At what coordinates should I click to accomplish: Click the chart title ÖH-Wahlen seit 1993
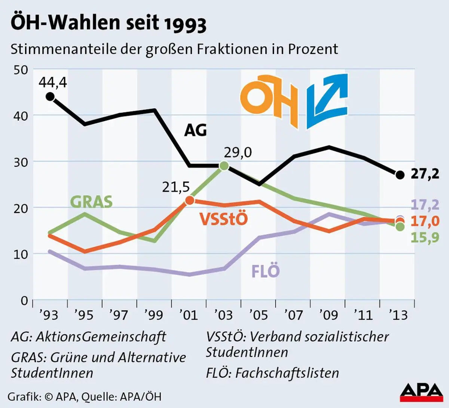coord(109,23)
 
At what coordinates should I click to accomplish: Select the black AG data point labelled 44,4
coord(50,97)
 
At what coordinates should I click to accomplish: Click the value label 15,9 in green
coord(425,238)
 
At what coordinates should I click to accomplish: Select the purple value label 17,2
coord(425,205)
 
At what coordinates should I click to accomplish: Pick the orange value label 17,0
coord(425,221)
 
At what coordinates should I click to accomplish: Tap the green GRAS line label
coord(91,202)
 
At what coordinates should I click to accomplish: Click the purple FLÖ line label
coord(265,271)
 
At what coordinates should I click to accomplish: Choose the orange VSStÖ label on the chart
coord(223,219)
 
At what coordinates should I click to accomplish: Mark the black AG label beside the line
coord(195,130)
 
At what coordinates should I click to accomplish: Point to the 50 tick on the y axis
coord(21,70)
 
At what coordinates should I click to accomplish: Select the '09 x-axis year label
coord(329,315)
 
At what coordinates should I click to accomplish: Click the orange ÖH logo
coord(269,100)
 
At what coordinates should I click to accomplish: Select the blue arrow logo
coord(327,100)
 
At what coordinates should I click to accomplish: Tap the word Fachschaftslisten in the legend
coord(287,373)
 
